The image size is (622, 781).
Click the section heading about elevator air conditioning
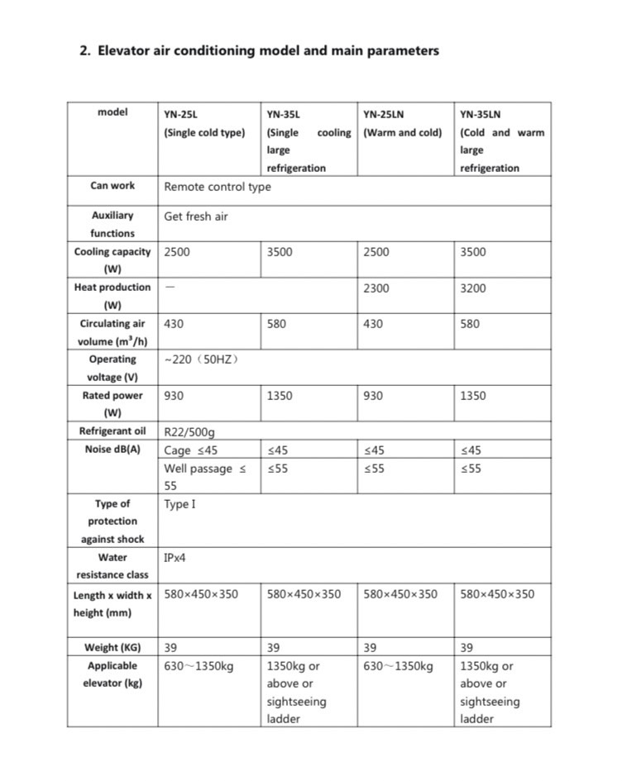coord(259,50)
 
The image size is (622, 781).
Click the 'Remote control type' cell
coord(218,187)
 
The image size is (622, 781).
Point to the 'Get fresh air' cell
coord(196,217)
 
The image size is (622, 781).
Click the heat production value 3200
coord(473,288)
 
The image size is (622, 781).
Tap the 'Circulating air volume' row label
coord(112,332)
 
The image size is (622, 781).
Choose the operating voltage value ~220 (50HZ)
coord(202,360)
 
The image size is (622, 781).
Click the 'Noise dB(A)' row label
coord(112,450)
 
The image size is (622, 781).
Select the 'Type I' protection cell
coord(179,504)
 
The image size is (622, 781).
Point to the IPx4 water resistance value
coord(175,558)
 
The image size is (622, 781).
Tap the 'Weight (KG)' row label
coord(112,647)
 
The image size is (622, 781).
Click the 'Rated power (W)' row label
coord(112,403)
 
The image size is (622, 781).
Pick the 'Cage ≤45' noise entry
coord(191,450)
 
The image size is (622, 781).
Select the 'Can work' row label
coord(112,186)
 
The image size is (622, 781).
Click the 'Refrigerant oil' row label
coord(112,431)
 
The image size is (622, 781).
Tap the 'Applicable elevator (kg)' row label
coord(112,674)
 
